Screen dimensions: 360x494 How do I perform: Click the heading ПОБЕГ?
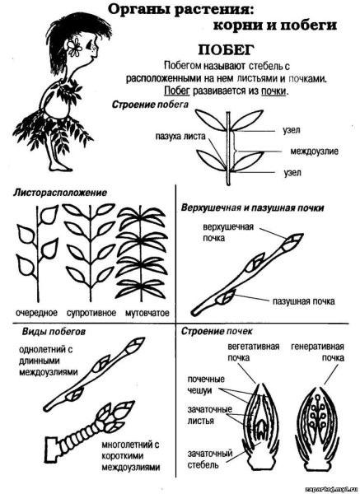226,50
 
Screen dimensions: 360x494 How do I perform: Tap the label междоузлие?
314,151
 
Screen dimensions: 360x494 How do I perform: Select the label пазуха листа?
180,137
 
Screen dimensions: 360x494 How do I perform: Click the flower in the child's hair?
74,47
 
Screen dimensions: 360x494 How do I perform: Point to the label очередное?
36,313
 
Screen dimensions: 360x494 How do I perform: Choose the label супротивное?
91,313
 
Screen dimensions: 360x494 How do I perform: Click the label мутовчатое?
147,313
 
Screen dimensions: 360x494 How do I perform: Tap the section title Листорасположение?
60,193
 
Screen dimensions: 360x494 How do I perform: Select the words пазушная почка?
303,301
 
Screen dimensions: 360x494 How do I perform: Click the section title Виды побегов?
54,332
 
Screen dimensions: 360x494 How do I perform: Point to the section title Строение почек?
217,331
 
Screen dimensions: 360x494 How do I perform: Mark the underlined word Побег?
177,91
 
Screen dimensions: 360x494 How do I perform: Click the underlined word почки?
274,91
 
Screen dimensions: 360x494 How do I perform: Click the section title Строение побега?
150,105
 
